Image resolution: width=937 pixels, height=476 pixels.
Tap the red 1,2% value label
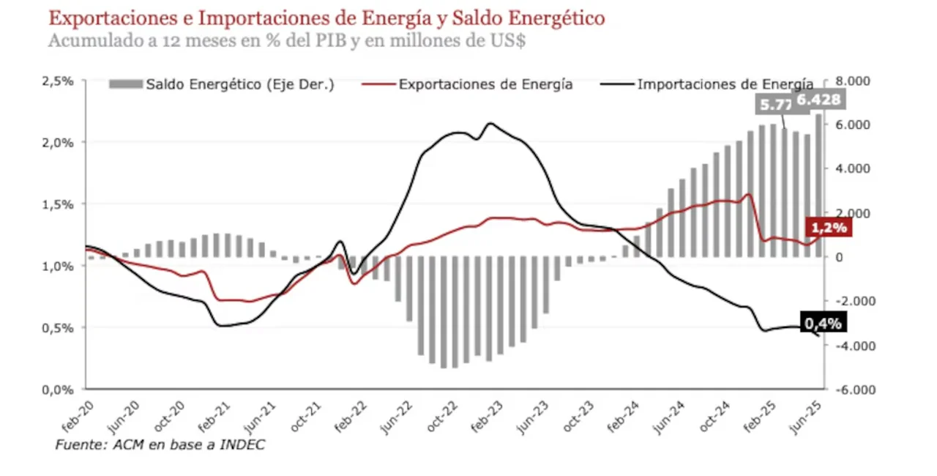coord(827,228)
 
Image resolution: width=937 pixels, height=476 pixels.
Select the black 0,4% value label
coord(824,323)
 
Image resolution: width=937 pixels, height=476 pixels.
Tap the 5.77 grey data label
coord(774,105)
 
